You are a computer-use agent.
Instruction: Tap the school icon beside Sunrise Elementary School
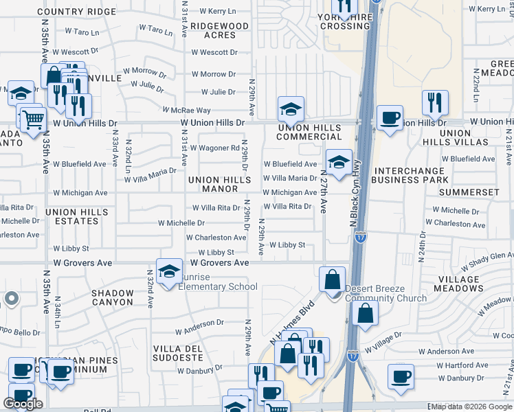click(169, 271)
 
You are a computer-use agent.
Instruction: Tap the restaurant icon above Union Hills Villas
click(434, 102)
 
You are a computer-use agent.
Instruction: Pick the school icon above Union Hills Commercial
click(291, 108)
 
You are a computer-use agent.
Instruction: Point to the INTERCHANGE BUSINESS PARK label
click(409, 175)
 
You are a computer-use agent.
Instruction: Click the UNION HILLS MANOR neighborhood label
click(221, 183)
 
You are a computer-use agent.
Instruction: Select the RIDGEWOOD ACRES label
click(219, 30)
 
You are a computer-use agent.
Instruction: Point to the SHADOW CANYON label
click(113, 297)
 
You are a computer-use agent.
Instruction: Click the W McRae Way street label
click(186, 110)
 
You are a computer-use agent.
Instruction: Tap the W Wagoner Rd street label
click(214, 148)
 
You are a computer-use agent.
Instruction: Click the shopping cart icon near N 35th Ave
click(32, 119)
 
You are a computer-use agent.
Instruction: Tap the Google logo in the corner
click(23, 404)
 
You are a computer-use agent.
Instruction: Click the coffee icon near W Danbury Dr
click(400, 376)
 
